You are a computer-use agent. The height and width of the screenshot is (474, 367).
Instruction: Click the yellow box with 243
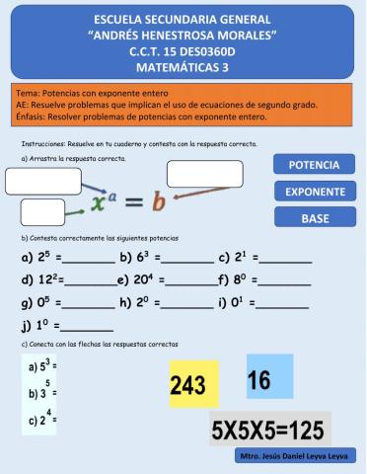coord(193,384)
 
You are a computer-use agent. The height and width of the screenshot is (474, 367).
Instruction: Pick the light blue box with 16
coord(269,377)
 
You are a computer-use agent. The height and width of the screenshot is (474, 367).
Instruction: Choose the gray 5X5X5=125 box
coord(269,431)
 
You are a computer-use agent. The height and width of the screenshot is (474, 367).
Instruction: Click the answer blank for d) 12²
coord(90,281)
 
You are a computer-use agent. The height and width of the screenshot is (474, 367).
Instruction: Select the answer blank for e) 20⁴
coord(190,281)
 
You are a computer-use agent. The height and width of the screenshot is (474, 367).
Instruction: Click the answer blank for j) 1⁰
coord(88,325)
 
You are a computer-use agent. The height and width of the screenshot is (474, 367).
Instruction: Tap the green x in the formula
coord(99,203)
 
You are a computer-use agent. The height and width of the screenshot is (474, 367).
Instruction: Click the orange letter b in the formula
coord(157,203)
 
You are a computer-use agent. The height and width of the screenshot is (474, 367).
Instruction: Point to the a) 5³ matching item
coord(42,364)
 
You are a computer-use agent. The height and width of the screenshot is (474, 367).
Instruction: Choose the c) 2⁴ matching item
coord(42,418)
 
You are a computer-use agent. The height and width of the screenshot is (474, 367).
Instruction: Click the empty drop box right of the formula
coord(205,174)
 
